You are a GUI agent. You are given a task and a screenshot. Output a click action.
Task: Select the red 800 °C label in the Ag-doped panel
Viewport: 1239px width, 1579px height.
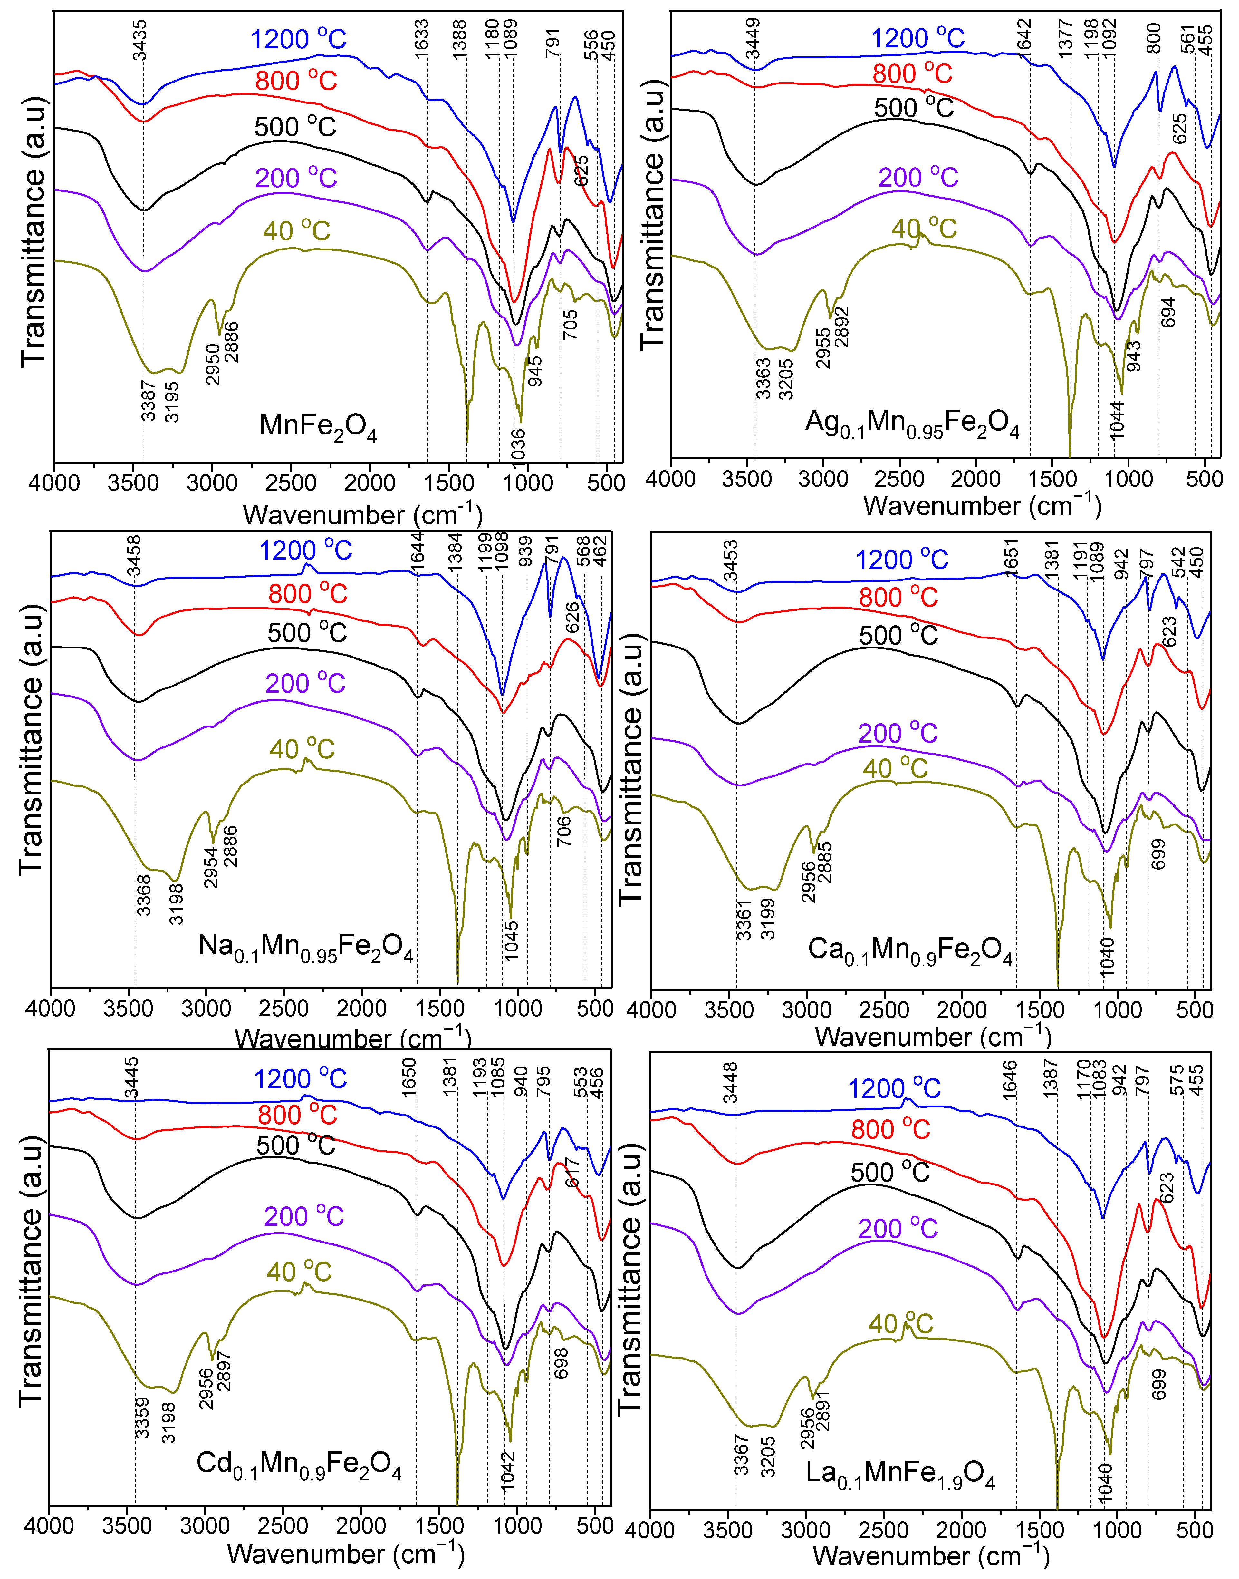coord(912,73)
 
